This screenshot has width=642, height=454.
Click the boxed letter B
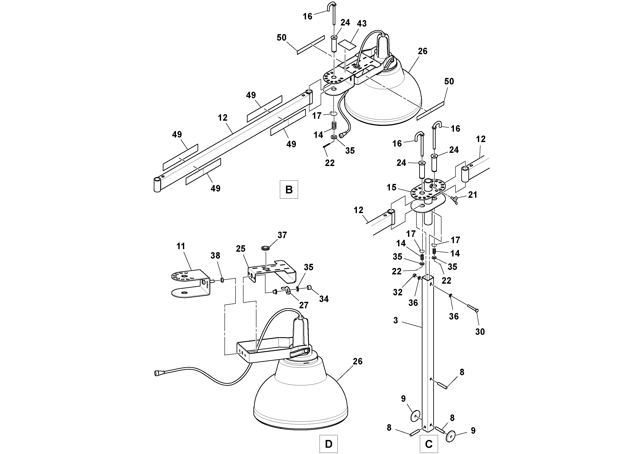point(289,190)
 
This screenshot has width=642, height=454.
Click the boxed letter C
point(429,444)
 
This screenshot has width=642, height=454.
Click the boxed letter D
point(329,444)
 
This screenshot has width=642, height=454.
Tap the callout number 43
point(362,24)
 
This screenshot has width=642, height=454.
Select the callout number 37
point(282,235)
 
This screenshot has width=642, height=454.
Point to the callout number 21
point(472,195)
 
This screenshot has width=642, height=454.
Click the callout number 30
point(480,332)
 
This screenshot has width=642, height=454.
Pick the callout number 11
point(181,246)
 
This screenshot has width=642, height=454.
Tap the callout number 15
point(391,188)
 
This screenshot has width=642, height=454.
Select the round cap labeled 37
point(265,248)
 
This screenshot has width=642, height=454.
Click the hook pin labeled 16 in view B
point(334,14)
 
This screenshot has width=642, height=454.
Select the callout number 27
point(304,305)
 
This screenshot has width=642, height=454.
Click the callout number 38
point(215,256)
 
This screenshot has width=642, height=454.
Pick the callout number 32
point(398,292)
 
